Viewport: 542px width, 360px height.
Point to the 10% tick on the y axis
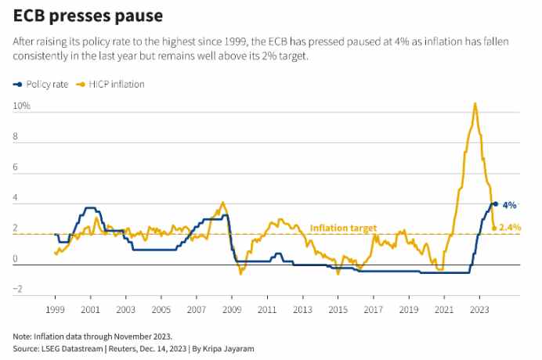coord(21,105)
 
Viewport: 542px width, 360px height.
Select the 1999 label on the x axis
coord(55,310)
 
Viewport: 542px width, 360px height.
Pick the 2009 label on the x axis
coord(232,310)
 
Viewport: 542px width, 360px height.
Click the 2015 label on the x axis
coord(338,310)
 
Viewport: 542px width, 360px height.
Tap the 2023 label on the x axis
coord(479,310)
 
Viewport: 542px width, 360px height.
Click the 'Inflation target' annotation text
coord(343,228)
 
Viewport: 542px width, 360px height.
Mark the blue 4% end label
coord(509,205)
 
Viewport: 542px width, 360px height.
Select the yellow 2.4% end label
coord(510,227)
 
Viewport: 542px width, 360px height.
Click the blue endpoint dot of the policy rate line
coord(494,204)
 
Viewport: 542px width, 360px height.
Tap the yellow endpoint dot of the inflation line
coord(493,227)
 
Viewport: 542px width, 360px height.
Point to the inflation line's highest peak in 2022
coord(475,103)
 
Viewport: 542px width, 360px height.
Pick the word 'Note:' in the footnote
coord(23,336)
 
